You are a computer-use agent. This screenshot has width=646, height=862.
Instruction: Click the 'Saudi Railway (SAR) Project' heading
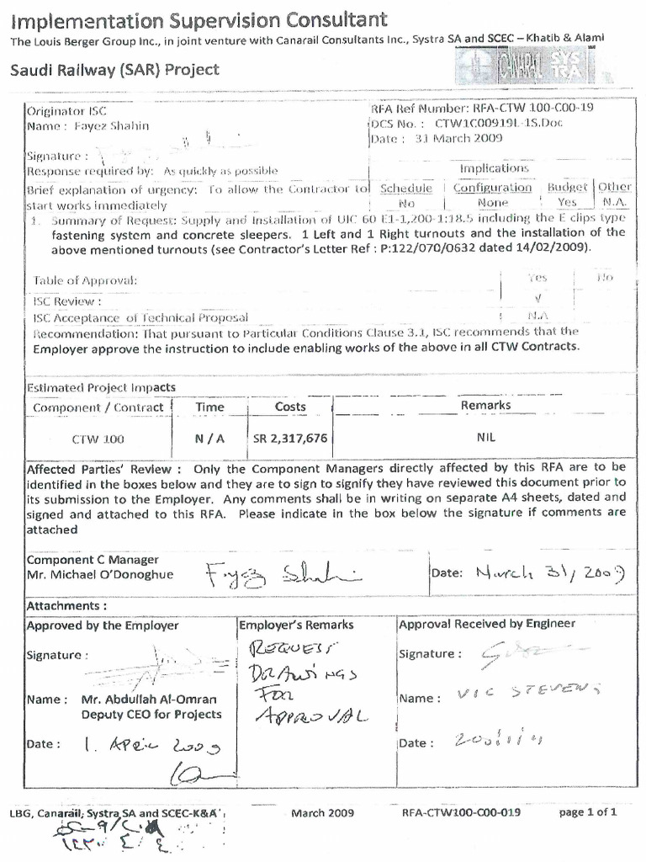[x=114, y=69]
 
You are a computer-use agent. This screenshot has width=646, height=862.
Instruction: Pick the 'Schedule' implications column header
[x=406, y=188]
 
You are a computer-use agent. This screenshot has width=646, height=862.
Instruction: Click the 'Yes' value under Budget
[x=567, y=203]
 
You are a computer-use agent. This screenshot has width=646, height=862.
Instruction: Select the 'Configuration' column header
[x=493, y=188]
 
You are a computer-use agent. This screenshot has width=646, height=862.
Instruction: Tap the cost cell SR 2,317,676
[x=290, y=439]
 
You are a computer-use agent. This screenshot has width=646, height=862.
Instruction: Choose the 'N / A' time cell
[x=209, y=439]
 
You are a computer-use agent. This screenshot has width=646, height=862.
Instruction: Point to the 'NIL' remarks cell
[x=485, y=439]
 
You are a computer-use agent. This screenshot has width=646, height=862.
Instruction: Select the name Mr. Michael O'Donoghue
[x=100, y=575]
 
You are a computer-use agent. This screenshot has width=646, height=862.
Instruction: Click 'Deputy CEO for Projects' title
[x=151, y=715]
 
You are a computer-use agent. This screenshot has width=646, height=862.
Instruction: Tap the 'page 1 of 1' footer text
[x=588, y=812]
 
